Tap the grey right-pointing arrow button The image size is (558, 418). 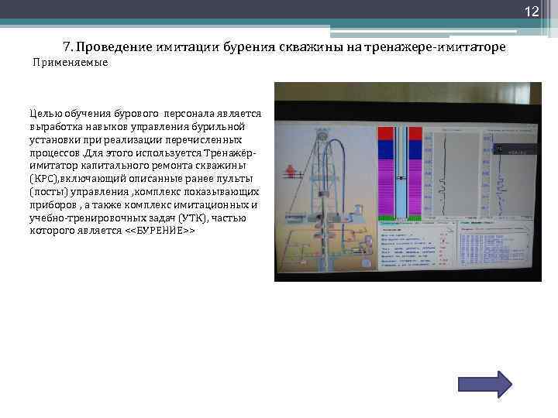click(x=480, y=385)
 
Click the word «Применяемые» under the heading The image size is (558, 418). click(x=70, y=63)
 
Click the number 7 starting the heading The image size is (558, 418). click(x=67, y=47)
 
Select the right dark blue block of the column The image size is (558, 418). click(x=415, y=147)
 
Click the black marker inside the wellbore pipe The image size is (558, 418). click(x=400, y=180)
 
